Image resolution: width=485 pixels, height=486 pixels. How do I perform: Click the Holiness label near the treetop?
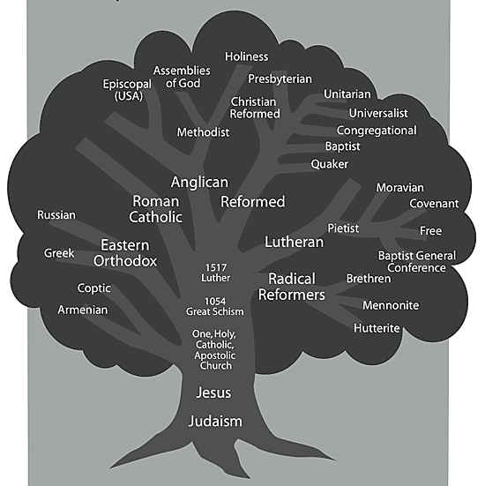pyautogui.click(x=247, y=56)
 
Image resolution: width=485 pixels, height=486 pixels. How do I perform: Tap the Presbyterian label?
pyautogui.click(x=280, y=79)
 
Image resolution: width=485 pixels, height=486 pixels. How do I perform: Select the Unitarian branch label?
pyautogui.click(x=347, y=93)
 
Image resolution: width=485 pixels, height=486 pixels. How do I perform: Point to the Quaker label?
pyautogui.click(x=330, y=164)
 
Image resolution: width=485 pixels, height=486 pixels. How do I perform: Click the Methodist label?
pyautogui.click(x=203, y=132)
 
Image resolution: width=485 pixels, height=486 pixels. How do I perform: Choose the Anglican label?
pyautogui.click(x=199, y=183)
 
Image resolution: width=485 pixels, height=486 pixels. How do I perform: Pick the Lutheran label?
pyautogui.click(x=295, y=242)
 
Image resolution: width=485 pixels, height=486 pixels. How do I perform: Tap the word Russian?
pyautogui.click(x=56, y=215)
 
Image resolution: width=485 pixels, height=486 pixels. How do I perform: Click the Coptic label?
pyautogui.click(x=93, y=288)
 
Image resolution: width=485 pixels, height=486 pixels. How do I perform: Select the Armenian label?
pyautogui.click(x=83, y=310)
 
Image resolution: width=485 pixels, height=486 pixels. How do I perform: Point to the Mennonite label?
pyautogui.click(x=391, y=305)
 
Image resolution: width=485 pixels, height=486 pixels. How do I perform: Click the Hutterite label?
pyautogui.click(x=377, y=328)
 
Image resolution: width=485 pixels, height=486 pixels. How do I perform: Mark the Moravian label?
pyautogui.click(x=400, y=188)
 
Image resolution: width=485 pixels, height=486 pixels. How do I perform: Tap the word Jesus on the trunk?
pyautogui.click(x=213, y=393)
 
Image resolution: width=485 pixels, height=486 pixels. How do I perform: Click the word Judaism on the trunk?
pyautogui.click(x=215, y=422)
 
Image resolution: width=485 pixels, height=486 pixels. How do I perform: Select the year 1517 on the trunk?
pyautogui.click(x=216, y=267)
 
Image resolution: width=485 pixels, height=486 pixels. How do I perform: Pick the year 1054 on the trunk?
pyautogui.click(x=215, y=302)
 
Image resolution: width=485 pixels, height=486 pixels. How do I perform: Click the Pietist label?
pyautogui.click(x=343, y=228)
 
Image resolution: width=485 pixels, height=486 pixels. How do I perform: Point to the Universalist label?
pyautogui.click(x=378, y=113)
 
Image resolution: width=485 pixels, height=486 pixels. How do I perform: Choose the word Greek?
pyautogui.click(x=59, y=253)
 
